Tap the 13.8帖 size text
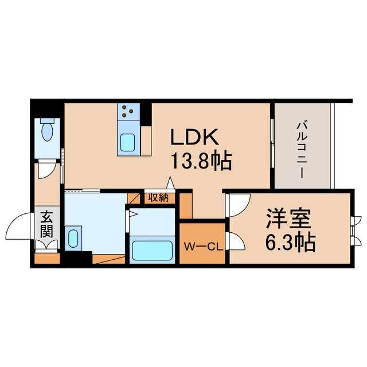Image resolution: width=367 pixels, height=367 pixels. [200, 162]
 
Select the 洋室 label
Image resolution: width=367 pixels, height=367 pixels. [288, 220]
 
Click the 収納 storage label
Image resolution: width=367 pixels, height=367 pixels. [158, 198]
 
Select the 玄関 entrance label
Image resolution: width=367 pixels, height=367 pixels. [46, 225]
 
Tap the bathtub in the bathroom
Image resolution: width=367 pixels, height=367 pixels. [152, 251]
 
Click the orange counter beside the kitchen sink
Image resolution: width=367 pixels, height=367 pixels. [146, 140]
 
